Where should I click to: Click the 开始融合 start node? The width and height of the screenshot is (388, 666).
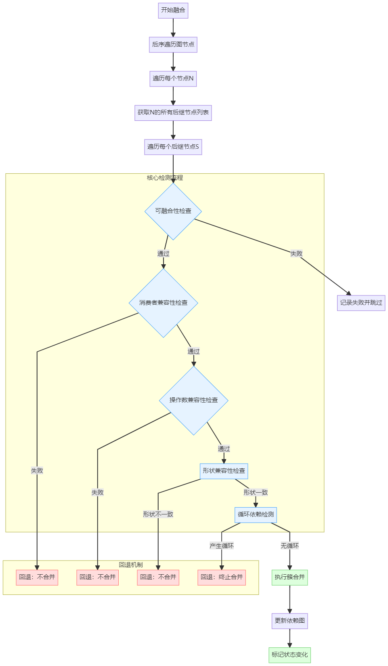coord(173,10)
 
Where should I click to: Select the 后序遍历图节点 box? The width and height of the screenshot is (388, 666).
coord(173,44)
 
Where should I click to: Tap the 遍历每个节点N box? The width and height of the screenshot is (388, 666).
coord(173,78)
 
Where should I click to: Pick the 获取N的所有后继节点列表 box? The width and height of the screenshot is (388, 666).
coord(173,113)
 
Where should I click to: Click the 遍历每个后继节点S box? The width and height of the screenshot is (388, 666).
coord(173,147)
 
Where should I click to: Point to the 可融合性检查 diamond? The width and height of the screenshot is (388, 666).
coord(173,211)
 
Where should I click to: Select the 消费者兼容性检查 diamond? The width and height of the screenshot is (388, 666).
coord(163,303)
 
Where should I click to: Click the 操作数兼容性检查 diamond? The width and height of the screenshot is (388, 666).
coord(193,400)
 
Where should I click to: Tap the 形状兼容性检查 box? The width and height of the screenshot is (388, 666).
coord(224,471)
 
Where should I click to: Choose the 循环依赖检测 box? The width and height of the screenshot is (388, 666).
coord(256,514)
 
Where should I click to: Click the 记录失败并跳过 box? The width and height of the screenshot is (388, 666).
coord(361,303)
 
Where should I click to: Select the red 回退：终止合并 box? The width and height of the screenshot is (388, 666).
coord(222,577)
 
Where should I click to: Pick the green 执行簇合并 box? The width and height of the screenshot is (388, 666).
coord(289,577)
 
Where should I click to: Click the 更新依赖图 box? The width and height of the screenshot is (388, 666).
coord(289,621)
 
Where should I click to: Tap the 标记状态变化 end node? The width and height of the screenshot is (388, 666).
coord(289,655)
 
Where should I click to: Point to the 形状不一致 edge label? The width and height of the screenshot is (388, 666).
coord(158,514)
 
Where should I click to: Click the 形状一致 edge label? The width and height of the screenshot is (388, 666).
coord(256,493)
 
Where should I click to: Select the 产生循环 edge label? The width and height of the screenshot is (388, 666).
coord(222,546)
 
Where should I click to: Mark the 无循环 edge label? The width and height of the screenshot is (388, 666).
coord(289,546)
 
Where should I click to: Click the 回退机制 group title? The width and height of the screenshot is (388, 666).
coord(131,565)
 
